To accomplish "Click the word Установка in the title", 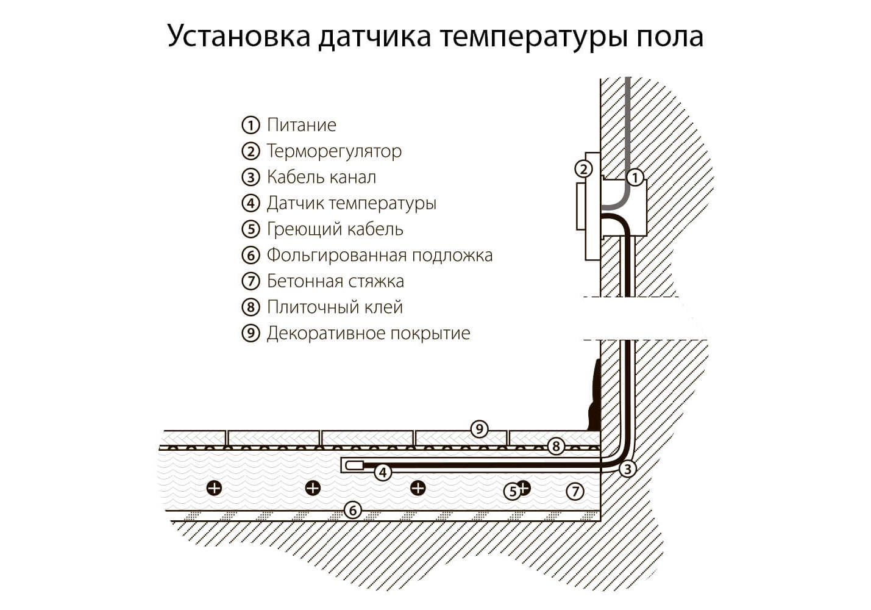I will click(x=239, y=37).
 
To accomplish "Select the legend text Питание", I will click(x=301, y=125).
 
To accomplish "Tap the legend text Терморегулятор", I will click(x=334, y=151).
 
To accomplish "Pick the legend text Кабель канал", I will click(x=321, y=178).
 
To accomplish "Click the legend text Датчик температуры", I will click(x=351, y=203).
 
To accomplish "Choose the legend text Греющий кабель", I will click(x=335, y=229).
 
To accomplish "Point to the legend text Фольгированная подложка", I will click(x=379, y=255).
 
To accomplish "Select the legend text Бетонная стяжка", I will click(x=335, y=281).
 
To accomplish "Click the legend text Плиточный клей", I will click(x=335, y=307).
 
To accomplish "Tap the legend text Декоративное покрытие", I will click(x=368, y=334).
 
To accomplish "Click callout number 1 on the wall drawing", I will click(x=635, y=178).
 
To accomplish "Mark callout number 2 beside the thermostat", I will click(x=583, y=169).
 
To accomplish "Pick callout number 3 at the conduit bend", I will click(x=627, y=468).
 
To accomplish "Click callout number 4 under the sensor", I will click(x=383, y=472).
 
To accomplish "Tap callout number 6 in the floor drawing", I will click(x=352, y=510).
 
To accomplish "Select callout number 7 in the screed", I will click(x=575, y=490).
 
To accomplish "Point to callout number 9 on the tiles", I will click(x=479, y=429).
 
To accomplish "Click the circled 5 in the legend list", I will click(x=251, y=229).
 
